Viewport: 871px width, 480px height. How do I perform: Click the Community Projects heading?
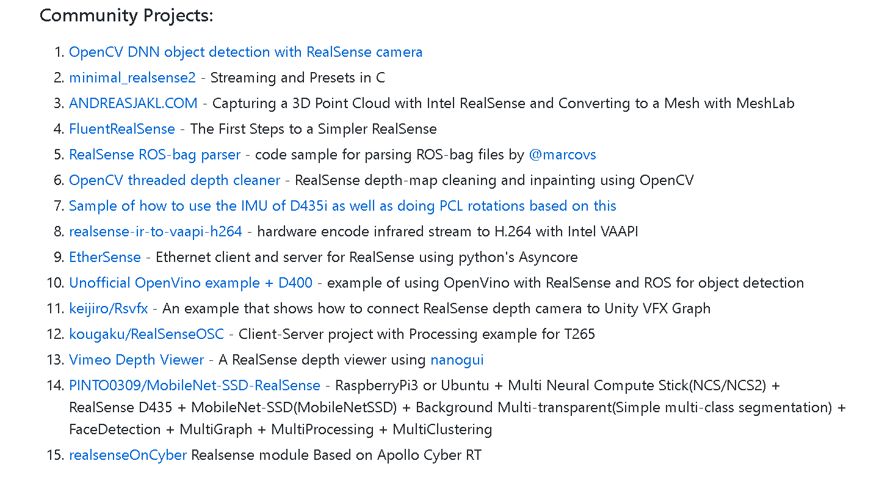tap(126, 15)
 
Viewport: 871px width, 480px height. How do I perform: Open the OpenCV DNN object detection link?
tap(245, 52)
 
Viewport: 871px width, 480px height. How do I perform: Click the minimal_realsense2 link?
tap(132, 78)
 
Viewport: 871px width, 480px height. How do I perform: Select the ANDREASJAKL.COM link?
tap(133, 103)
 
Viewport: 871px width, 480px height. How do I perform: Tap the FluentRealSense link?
tap(122, 129)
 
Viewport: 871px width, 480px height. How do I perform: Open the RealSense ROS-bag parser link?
tap(154, 155)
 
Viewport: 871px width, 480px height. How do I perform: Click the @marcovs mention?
tap(562, 155)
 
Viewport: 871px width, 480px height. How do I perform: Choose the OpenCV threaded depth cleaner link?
tap(175, 180)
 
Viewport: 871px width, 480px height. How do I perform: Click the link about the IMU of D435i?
tap(342, 206)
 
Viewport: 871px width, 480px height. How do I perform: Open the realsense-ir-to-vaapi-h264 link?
tap(156, 231)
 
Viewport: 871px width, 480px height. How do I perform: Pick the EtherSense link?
tap(105, 257)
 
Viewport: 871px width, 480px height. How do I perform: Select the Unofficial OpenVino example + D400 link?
tap(190, 283)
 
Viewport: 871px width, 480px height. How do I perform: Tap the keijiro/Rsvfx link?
tap(109, 308)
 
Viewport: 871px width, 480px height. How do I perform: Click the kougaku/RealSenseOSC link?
tap(146, 334)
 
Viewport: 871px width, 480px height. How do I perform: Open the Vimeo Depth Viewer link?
tap(137, 360)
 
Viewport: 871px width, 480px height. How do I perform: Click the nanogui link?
tap(457, 360)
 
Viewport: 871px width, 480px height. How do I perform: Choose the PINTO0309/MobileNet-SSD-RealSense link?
tap(195, 385)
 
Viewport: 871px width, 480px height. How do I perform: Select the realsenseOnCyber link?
tap(128, 455)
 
